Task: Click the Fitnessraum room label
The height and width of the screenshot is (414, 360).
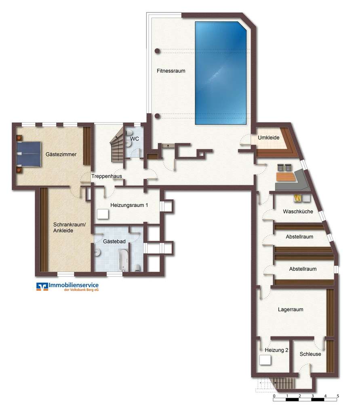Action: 171,71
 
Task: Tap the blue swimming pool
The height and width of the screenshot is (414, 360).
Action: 221,73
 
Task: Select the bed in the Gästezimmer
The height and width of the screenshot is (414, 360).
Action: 29,154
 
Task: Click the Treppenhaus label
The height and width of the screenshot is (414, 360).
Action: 107,176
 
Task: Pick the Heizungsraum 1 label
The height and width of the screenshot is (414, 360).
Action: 129,205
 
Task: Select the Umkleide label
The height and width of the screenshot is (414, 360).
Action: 269,138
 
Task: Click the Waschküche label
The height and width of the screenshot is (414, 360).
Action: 298,211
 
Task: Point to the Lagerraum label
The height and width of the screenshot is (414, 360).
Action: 291,310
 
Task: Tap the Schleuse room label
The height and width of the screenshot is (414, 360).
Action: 310,354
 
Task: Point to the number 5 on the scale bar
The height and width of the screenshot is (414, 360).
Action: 337,396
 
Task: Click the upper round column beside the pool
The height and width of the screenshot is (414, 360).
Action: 157,51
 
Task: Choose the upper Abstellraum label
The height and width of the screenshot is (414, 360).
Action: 299,237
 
